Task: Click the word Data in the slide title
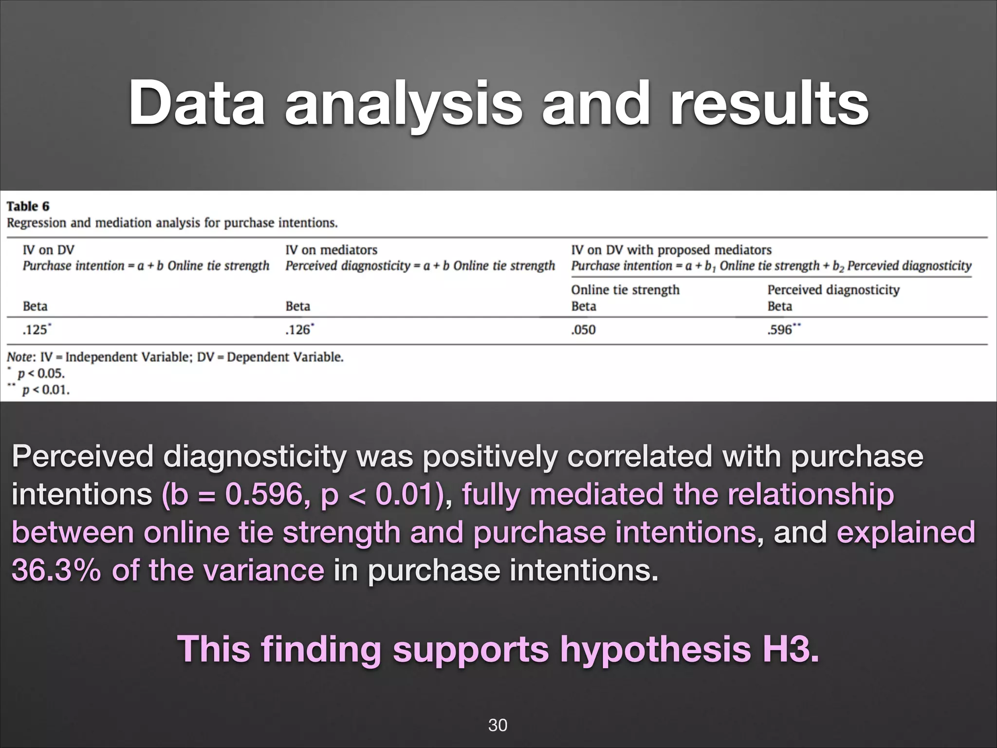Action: click(197, 103)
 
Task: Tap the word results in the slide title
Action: click(769, 103)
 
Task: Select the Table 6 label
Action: click(28, 206)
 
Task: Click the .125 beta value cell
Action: click(36, 330)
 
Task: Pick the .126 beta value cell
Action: click(298, 330)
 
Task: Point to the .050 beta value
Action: click(583, 330)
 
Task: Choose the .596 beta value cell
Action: click(780, 330)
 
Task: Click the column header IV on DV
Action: click(48, 250)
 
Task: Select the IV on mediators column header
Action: click(331, 250)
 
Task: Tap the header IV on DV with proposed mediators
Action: click(671, 250)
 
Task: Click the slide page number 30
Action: click(498, 725)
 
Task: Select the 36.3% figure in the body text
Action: click(56, 570)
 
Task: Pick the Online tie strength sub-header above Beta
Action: click(625, 290)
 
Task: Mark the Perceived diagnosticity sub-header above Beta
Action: click(833, 290)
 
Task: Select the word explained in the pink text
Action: click(905, 532)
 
